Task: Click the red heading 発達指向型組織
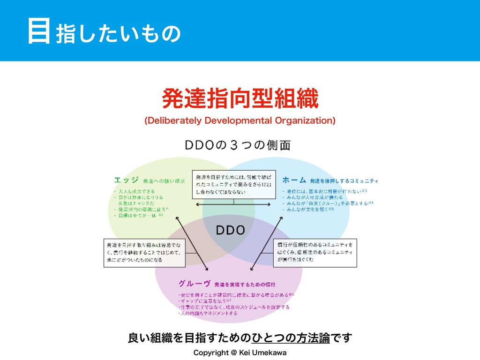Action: point(240,99)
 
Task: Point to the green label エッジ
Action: point(126,180)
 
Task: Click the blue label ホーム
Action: point(294,180)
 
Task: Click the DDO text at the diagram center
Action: point(230,230)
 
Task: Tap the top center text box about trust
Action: point(233,184)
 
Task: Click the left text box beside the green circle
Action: point(145,253)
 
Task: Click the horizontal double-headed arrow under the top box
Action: point(233,205)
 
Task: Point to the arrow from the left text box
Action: point(192,244)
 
